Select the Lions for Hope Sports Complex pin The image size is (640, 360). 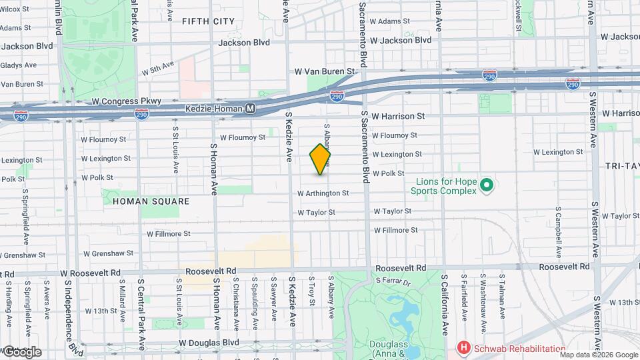pyautogui.click(x=487, y=184)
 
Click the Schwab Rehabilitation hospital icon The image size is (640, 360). pyautogui.click(x=462, y=348)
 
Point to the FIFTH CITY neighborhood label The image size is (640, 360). pyautogui.click(x=208, y=21)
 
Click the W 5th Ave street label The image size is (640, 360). pyautogui.click(x=157, y=68)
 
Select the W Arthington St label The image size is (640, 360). pyautogui.click(x=323, y=193)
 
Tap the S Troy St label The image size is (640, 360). pyautogui.click(x=312, y=292)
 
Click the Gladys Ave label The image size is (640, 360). pyautogui.click(x=18, y=65)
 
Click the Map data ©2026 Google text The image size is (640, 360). pyautogui.click(x=599, y=355)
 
